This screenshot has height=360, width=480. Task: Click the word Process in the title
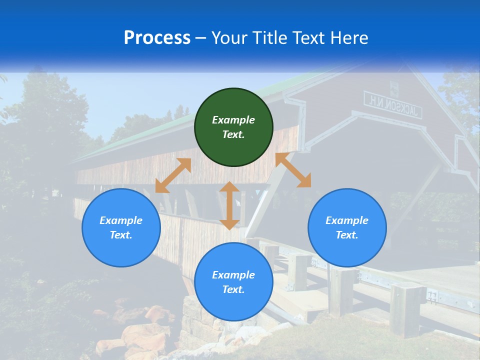click(x=157, y=38)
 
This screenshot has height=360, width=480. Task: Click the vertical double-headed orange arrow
click(x=229, y=205)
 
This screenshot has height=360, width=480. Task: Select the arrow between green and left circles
click(x=173, y=175)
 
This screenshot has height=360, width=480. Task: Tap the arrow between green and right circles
click(x=293, y=170)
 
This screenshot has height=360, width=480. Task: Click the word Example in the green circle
click(x=233, y=120)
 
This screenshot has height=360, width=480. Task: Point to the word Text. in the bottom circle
click(x=233, y=289)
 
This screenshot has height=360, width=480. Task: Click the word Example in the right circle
click(x=347, y=220)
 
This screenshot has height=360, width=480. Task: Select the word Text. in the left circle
click(x=121, y=235)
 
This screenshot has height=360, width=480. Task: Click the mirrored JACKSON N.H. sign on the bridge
click(x=393, y=105)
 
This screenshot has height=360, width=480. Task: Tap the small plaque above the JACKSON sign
click(x=394, y=89)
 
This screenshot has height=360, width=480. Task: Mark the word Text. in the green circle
click(x=233, y=134)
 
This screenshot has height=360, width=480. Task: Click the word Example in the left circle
click(x=121, y=220)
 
